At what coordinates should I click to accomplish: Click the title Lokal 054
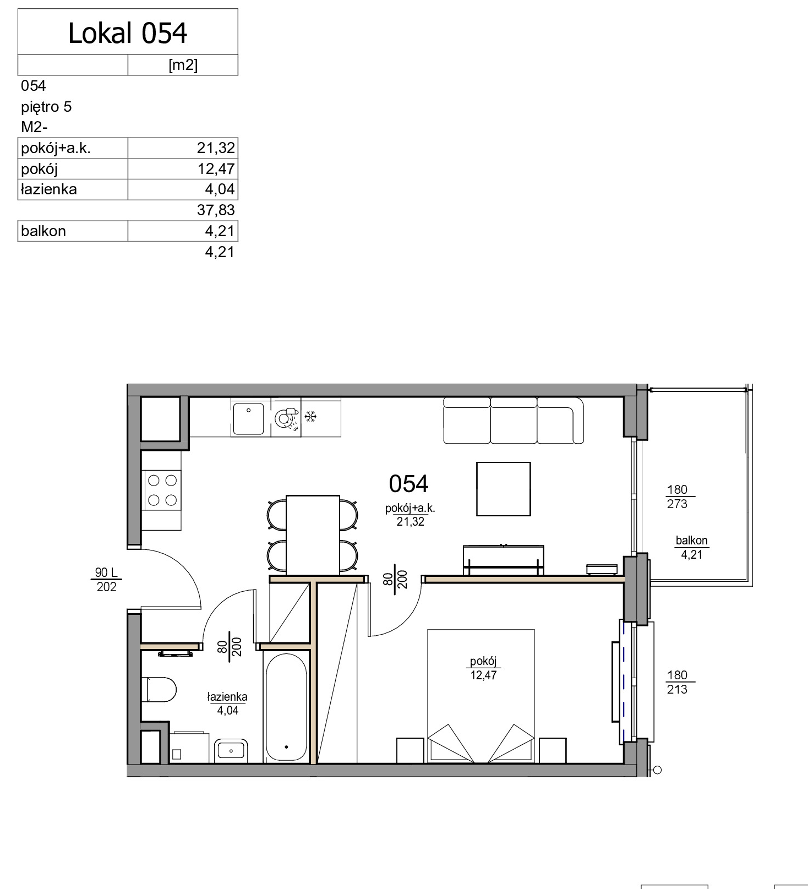(128, 33)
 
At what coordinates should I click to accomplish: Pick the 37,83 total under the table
(216, 210)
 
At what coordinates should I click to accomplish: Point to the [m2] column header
(183, 65)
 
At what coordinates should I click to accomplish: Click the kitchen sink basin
(248, 419)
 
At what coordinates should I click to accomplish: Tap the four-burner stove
(162, 490)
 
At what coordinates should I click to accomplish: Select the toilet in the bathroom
(159, 689)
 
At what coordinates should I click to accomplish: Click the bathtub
(286, 707)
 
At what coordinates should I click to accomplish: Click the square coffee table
(504, 489)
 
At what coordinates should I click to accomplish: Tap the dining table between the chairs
(313, 535)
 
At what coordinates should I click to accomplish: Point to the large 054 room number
(408, 484)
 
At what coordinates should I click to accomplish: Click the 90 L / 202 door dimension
(106, 580)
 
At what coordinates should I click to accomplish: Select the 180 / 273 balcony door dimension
(677, 497)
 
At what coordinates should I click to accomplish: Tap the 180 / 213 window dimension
(677, 682)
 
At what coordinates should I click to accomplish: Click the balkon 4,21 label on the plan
(692, 547)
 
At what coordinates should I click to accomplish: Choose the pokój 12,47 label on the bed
(483, 668)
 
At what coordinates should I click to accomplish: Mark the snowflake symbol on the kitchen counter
(311, 417)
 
